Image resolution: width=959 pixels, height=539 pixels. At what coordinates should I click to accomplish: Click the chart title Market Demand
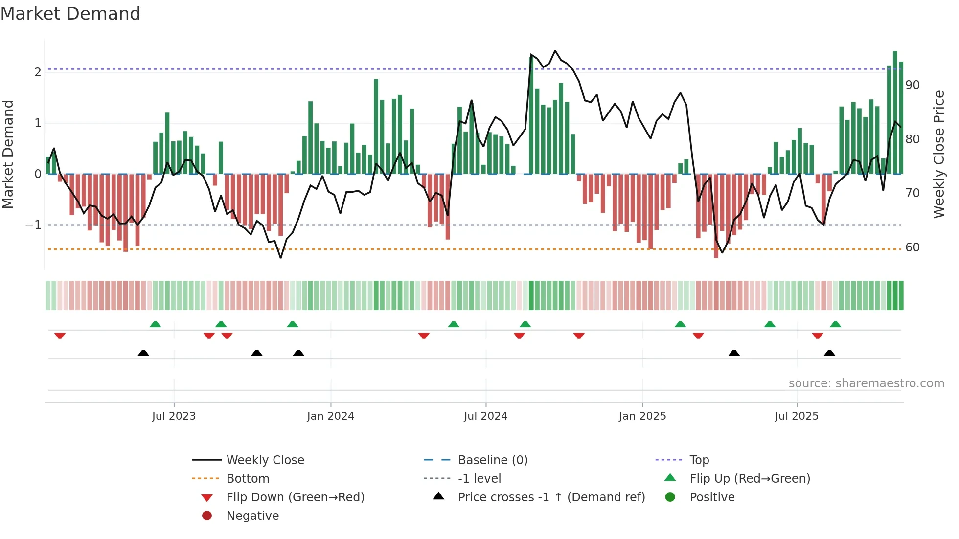click(x=70, y=14)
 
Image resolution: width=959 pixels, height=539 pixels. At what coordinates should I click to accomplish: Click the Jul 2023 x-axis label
click(x=174, y=416)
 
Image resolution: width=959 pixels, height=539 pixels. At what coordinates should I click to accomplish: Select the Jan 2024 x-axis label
click(x=330, y=416)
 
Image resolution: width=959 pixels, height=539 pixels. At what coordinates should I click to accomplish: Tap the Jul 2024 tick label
click(x=485, y=416)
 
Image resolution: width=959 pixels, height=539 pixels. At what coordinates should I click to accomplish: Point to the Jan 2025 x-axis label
click(x=642, y=416)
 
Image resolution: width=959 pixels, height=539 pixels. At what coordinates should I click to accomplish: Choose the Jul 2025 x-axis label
click(x=797, y=416)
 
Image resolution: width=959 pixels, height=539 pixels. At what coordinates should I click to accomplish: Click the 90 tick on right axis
click(x=913, y=85)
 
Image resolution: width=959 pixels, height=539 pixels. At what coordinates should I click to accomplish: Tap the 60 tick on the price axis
click(x=913, y=247)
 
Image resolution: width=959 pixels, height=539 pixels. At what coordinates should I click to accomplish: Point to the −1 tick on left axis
click(x=33, y=225)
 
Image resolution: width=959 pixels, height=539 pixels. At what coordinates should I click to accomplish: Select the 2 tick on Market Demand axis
click(x=38, y=72)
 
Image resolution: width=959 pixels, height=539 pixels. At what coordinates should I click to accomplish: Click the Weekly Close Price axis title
click(x=938, y=154)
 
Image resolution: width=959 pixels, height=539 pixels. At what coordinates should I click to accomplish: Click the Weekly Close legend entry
click(x=265, y=460)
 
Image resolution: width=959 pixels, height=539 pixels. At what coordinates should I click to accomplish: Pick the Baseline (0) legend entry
click(x=492, y=460)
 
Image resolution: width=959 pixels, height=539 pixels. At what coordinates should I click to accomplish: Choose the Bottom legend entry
click(x=248, y=479)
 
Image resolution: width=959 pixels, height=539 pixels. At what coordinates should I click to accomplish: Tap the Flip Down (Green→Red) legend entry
click(x=295, y=497)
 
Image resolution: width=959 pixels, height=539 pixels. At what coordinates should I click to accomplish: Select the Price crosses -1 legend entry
click(x=551, y=497)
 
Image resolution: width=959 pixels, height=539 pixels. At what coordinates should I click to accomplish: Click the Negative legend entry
click(x=252, y=516)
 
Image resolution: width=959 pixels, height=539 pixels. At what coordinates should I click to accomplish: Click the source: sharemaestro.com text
click(x=866, y=383)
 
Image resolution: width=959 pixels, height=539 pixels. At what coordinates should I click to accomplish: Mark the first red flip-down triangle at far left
click(x=60, y=336)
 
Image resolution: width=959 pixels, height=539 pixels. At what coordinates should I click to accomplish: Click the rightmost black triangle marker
click(x=829, y=353)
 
